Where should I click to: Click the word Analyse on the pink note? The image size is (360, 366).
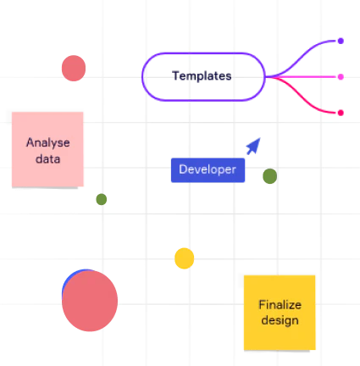coord(47,142)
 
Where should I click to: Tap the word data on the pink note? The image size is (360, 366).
coord(47,158)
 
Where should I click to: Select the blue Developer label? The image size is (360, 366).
coord(208,169)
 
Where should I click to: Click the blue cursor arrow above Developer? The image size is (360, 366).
coord(253,146)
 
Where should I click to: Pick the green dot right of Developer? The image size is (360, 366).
coord(269,176)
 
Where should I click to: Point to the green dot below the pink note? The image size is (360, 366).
coord(101,199)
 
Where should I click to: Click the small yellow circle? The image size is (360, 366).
coord(184,258)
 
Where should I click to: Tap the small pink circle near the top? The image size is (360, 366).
coord(74,67)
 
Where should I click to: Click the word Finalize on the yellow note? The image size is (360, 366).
coord(280,305)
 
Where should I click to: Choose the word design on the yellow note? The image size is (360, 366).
coord(280,320)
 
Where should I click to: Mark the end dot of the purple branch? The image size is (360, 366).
coord(341,40)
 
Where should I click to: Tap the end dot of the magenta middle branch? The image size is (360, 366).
coord(341,77)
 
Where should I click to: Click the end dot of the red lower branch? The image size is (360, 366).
coord(341,112)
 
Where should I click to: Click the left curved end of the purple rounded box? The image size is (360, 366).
coord(144,77)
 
